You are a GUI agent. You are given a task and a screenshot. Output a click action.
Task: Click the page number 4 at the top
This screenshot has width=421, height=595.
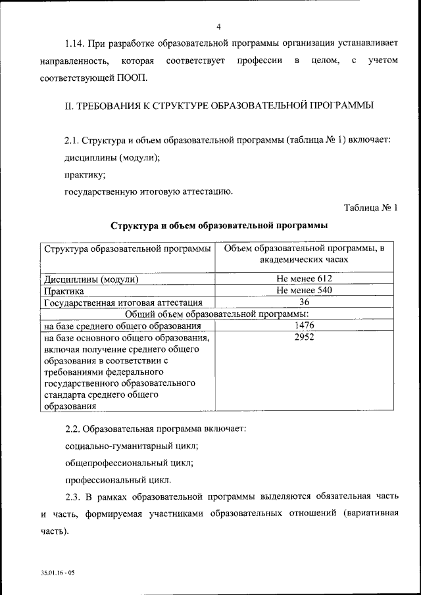pyautogui.click(x=218, y=26)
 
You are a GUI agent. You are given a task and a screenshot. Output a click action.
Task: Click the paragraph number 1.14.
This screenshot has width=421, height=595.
pyautogui.click(x=75, y=44)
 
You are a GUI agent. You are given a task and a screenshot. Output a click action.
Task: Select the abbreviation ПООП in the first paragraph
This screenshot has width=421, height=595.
pyautogui.click(x=132, y=78)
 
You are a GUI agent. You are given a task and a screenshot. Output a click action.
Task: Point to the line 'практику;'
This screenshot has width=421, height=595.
pyautogui.click(x=84, y=175)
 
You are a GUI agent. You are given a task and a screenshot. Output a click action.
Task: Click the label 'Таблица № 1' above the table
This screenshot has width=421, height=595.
pyautogui.click(x=371, y=208)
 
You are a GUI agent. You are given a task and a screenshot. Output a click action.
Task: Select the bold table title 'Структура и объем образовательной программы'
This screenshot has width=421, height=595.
pyautogui.click(x=218, y=226)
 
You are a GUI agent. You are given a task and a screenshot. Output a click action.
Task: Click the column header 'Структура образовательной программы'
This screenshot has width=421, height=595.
pyautogui.click(x=127, y=249)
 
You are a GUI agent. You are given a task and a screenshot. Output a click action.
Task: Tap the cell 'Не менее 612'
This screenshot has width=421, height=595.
pyautogui.click(x=304, y=279)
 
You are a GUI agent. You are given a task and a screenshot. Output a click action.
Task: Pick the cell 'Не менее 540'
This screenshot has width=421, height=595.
pyautogui.click(x=304, y=291)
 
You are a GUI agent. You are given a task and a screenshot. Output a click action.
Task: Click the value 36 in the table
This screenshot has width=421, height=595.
pyautogui.click(x=304, y=302)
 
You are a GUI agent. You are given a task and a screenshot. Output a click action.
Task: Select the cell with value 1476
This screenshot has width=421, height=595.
pyautogui.click(x=304, y=326)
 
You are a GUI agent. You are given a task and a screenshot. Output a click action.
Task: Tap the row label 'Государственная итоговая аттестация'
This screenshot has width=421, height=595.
pyautogui.click(x=123, y=302)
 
